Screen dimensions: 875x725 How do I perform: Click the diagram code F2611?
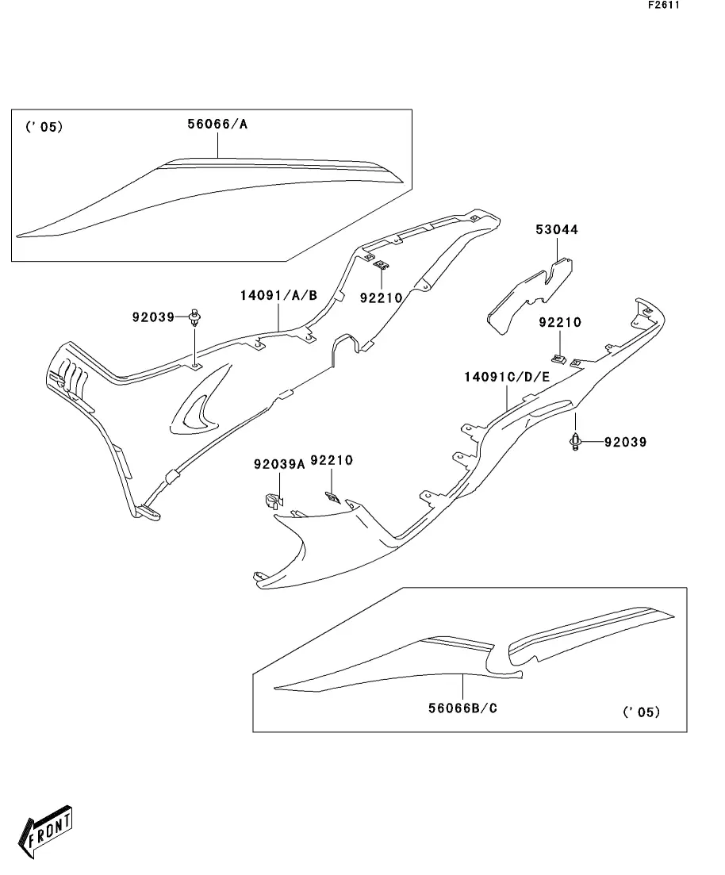coord(665,5)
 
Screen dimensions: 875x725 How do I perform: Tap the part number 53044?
coord(557,230)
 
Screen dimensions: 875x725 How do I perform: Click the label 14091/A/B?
coord(278,296)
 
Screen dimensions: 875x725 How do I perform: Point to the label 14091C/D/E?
coord(506,377)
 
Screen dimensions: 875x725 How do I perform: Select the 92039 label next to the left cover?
coord(153,317)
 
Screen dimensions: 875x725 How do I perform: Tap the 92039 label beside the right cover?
coord(624,442)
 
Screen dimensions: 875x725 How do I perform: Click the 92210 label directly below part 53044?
coord(560,323)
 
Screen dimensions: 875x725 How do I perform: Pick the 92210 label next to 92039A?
coord(332,460)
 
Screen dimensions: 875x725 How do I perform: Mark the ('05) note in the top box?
coord(44,126)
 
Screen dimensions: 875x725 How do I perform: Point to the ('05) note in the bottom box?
coord(641,712)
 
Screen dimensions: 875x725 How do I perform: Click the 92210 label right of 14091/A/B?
coord(382,297)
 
